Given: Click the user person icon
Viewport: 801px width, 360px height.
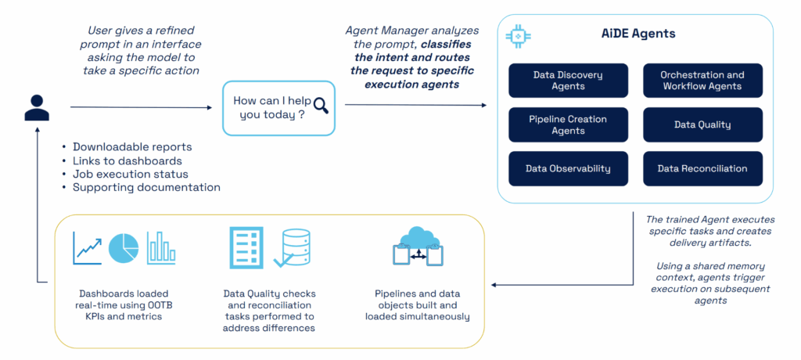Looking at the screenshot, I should (x=37, y=107).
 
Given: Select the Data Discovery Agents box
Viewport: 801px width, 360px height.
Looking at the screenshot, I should (x=568, y=81).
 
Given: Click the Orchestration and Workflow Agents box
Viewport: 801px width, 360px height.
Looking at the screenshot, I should (x=702, y=81).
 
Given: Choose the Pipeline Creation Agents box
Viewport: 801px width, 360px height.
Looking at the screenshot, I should (x=568, y=124).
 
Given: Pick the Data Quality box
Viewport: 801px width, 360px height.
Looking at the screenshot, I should (x=702, y=124).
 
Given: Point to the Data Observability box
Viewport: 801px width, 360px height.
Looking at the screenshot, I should (x=568, y=168).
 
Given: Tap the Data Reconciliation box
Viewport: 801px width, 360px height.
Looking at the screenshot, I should (x=702, y=168).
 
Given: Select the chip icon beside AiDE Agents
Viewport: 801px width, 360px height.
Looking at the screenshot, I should (x=518, y=35).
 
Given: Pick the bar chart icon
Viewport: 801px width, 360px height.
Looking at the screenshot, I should (x=161, y=247).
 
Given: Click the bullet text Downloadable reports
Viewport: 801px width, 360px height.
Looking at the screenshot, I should (x=132, y=147).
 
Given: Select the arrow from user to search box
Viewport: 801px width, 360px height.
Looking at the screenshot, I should (x=141, y=107).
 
